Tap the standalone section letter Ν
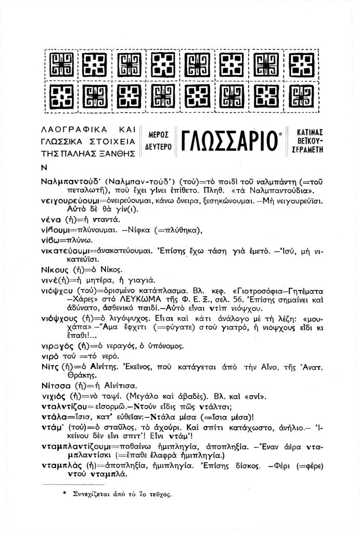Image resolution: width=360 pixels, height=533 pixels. pos(43,168)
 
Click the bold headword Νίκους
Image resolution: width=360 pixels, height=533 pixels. pos(55,270)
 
